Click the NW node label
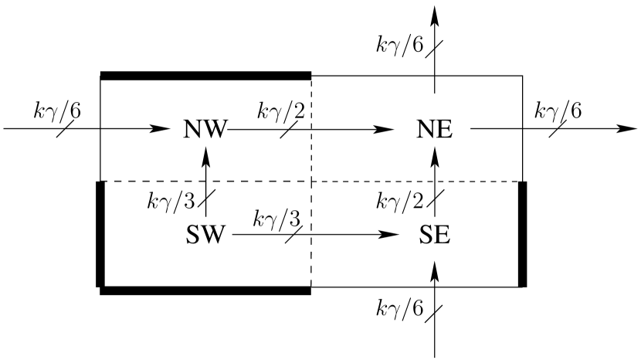tap(205, 129)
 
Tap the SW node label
tap(205, 233)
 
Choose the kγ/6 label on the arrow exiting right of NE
tap(558, 110)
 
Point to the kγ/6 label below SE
tap(399, 310)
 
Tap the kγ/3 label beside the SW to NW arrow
tap(171, 202)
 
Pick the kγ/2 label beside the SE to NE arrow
tap(399, 202)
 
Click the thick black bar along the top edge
tap(205, 76)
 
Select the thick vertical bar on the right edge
tap(522, 233)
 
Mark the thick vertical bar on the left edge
tap(100, 233)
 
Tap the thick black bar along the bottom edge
tap(205, 290)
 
